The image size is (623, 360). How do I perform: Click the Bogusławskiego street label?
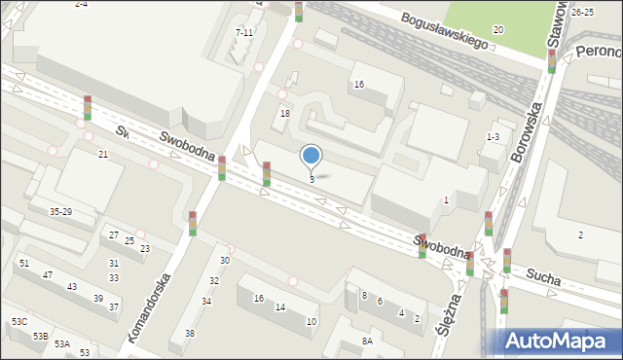point(446,22)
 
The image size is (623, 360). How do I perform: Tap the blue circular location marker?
point(311,156)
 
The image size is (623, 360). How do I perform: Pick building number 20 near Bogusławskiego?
point(497,30)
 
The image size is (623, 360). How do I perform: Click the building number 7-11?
point(244,32)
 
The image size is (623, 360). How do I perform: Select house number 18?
point(285,114)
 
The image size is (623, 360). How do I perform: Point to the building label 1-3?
point(493,137)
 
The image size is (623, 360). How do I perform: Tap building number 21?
point(102,155)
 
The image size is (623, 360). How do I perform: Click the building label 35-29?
point(60,211)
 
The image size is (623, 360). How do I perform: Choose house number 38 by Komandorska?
point(190,333)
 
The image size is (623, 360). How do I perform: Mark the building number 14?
point(279,307)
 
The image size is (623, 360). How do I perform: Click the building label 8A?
point(367,341)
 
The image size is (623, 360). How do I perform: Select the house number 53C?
point(19,321)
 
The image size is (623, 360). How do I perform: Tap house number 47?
point(47,275)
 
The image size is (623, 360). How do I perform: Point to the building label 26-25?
point(583,12)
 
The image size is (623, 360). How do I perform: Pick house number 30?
point(225,261)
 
